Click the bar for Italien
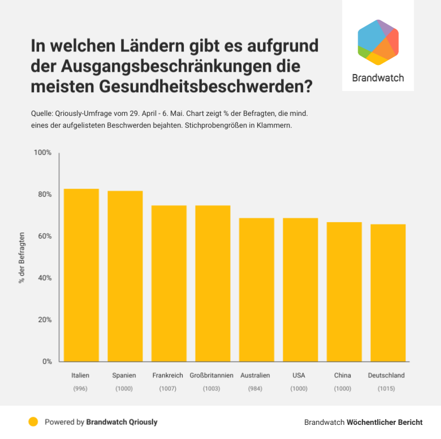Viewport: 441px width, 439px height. click(x=81, y=275)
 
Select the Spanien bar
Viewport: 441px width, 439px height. click(x=125, y=276)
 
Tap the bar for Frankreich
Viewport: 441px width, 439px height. click(x=168, y=283)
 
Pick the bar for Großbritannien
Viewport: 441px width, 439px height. click(x=213, y=283)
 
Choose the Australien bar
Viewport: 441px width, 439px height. click(x=256, y=289)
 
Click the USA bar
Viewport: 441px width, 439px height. click(x=300, y=289)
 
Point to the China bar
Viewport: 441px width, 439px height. click(x=344, y=292)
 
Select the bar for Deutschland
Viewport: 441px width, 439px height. click(x=388, y=293)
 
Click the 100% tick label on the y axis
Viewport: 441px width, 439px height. click(x=42, y=153)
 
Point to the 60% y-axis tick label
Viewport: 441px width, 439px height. click(x=45, y=236)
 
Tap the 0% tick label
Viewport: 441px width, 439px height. click(x=47, y=362)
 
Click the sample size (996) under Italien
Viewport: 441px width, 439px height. click(x=80, y=389)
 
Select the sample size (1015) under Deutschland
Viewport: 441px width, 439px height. click(x=386, y=389)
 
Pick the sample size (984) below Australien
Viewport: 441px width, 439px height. click(x=255, y=389)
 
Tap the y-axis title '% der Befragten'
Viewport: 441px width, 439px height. click(x=22, y=257)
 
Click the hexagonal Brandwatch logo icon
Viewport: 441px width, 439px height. click(x=378, y=42)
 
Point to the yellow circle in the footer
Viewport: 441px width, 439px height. click(x=33, y=421)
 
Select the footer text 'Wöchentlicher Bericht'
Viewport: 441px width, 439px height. click(x=384, y=422)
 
